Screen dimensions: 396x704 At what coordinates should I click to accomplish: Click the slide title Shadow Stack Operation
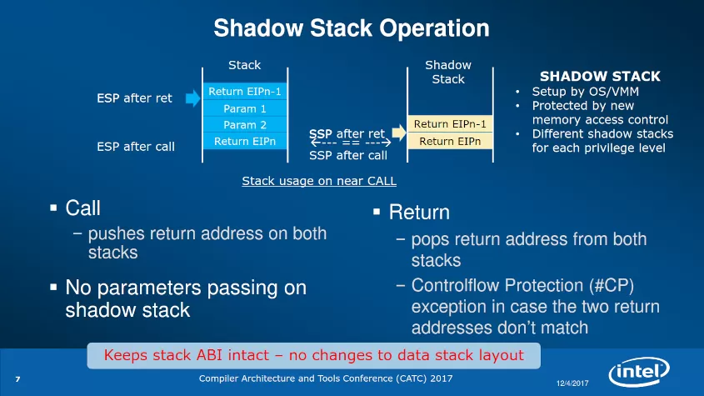tap(351, 28)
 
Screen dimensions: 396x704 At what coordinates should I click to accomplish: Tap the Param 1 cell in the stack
tap(245, 108)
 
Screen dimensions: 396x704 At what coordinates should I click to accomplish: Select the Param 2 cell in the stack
tap(245, 125)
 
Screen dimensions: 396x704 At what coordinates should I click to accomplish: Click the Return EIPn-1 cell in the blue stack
tap(245, 92)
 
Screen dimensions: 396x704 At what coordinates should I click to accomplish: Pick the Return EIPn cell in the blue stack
tap(245, 141)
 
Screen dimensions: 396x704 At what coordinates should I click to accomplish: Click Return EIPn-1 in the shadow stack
tap(448, 124)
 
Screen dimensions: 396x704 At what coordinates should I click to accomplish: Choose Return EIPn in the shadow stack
tap(448, 141)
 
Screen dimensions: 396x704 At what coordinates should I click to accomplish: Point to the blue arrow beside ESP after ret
tap(192, 98)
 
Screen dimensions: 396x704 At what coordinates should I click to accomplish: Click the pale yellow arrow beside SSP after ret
tap(398, 132)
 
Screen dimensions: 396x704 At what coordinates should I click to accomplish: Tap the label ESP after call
tap(136, 147)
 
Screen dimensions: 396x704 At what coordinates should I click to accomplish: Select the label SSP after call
tap(347, 155)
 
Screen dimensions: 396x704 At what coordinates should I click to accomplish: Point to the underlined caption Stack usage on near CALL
tap(318, 180)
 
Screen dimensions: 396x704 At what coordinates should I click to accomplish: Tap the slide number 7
tap(17, 380)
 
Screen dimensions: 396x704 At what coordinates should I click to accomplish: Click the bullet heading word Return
tap(419, 213)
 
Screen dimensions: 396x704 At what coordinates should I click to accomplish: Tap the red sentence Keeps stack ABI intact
tap(313, 356)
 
